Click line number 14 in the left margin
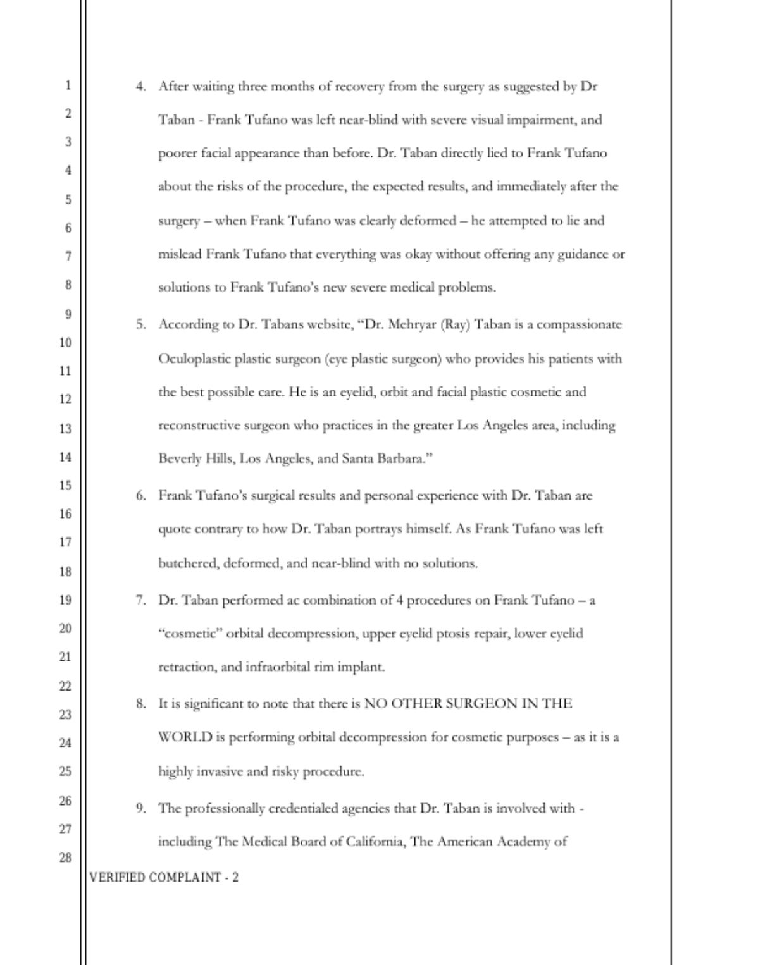65,457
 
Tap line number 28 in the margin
65,857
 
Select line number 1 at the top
67,85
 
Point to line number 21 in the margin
65,656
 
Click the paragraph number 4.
140,87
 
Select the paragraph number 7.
140,600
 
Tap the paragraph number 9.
140,808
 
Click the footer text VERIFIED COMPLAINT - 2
164,877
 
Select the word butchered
188,563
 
